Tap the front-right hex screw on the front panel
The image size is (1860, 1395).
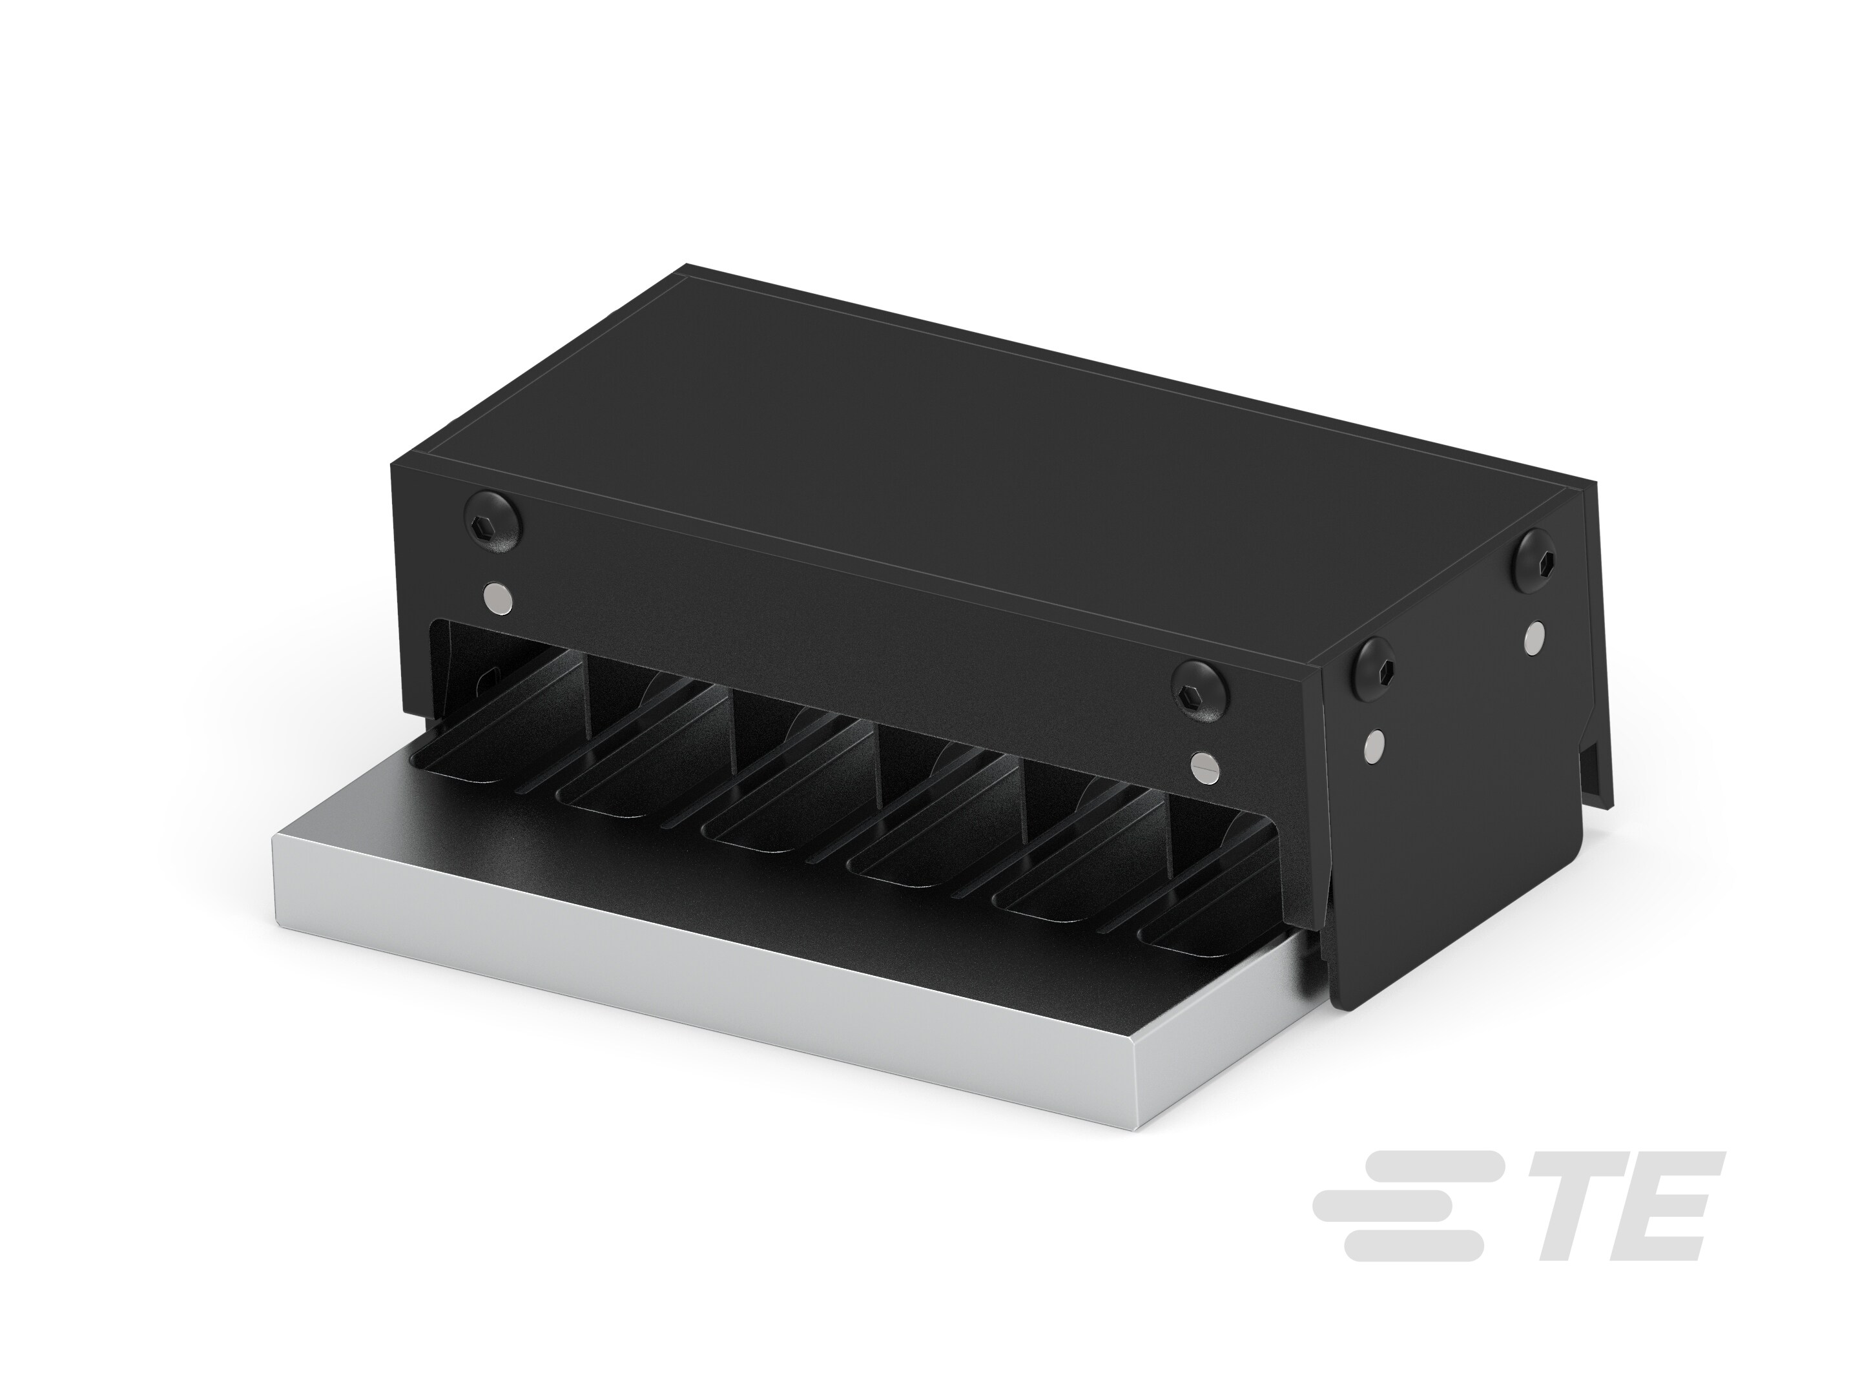click(x=1201, y=691)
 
